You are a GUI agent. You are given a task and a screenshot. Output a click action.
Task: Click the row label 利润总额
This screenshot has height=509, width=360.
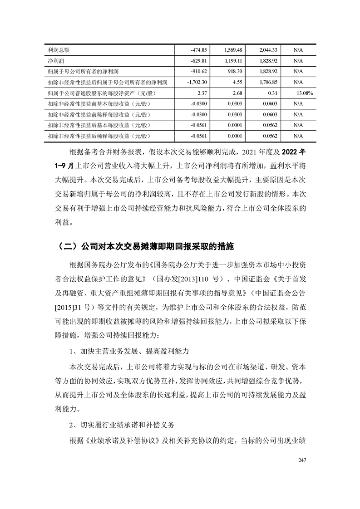pos(58,49)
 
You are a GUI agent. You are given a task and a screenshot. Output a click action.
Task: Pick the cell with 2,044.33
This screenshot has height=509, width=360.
pos(268,49)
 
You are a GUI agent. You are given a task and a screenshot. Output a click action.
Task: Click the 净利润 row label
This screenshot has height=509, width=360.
pos(55,60)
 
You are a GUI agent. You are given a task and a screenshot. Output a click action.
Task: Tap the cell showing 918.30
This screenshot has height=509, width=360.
pos(236,71)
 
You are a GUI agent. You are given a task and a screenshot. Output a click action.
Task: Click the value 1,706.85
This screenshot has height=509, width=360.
pos(268,82)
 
